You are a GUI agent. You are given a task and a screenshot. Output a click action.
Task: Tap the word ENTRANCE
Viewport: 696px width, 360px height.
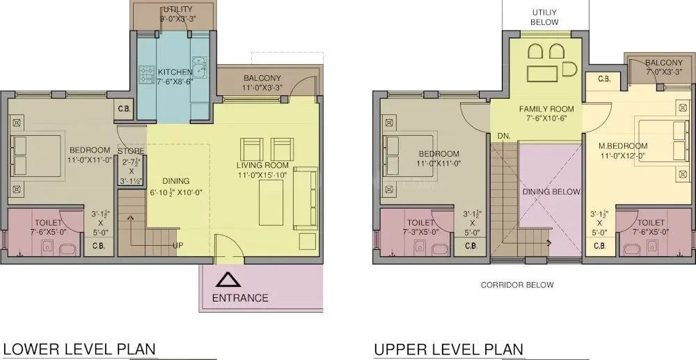(240, 298)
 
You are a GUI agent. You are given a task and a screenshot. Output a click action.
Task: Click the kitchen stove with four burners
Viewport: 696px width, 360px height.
(147, 72)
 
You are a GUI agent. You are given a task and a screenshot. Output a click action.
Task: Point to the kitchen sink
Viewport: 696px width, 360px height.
(200, 66)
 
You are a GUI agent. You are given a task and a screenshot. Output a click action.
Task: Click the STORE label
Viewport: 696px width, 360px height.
(130, 151)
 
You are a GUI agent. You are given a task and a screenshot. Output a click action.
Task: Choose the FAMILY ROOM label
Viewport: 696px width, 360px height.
(546, 109)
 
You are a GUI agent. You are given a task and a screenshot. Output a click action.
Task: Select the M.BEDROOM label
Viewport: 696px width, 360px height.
(623, 146)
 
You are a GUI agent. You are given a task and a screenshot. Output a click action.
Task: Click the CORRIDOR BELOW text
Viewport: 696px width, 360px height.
(517, 285)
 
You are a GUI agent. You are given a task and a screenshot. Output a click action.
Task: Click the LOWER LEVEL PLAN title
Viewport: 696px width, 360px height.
(79, 349)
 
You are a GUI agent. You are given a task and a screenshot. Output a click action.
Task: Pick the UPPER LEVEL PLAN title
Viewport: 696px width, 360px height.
(449, 349)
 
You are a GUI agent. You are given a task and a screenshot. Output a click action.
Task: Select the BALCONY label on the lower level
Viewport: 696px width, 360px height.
(262, 78)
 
